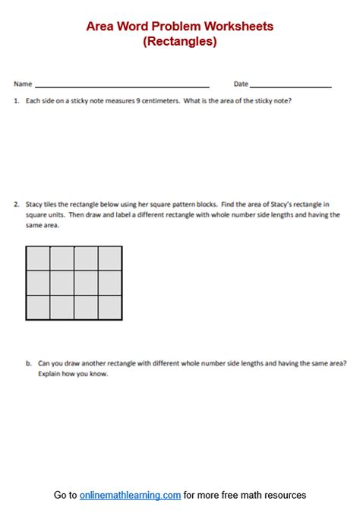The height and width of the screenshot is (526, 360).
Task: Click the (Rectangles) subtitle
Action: tap(179, 42)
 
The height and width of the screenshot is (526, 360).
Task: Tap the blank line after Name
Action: tap(122, 85)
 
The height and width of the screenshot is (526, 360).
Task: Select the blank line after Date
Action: tap(290, 85)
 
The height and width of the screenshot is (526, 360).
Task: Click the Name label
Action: tap(23, 84)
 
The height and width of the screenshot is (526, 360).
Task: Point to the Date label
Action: tap(241, 84)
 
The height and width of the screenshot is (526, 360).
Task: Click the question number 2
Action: tap(16, 204)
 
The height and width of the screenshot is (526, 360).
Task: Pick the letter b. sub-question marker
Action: tap(29, 364)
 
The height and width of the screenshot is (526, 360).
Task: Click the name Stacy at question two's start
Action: tap(35, 204)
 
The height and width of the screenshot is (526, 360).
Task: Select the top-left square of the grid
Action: tap(38, 258)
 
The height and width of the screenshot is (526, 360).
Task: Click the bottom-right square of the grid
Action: tap(110, 307)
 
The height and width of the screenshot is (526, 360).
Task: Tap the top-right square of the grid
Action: tap(110, 258)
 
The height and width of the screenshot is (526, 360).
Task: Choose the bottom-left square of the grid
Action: tap(38, 307)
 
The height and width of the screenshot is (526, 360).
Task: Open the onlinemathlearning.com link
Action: tap(130, 495)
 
